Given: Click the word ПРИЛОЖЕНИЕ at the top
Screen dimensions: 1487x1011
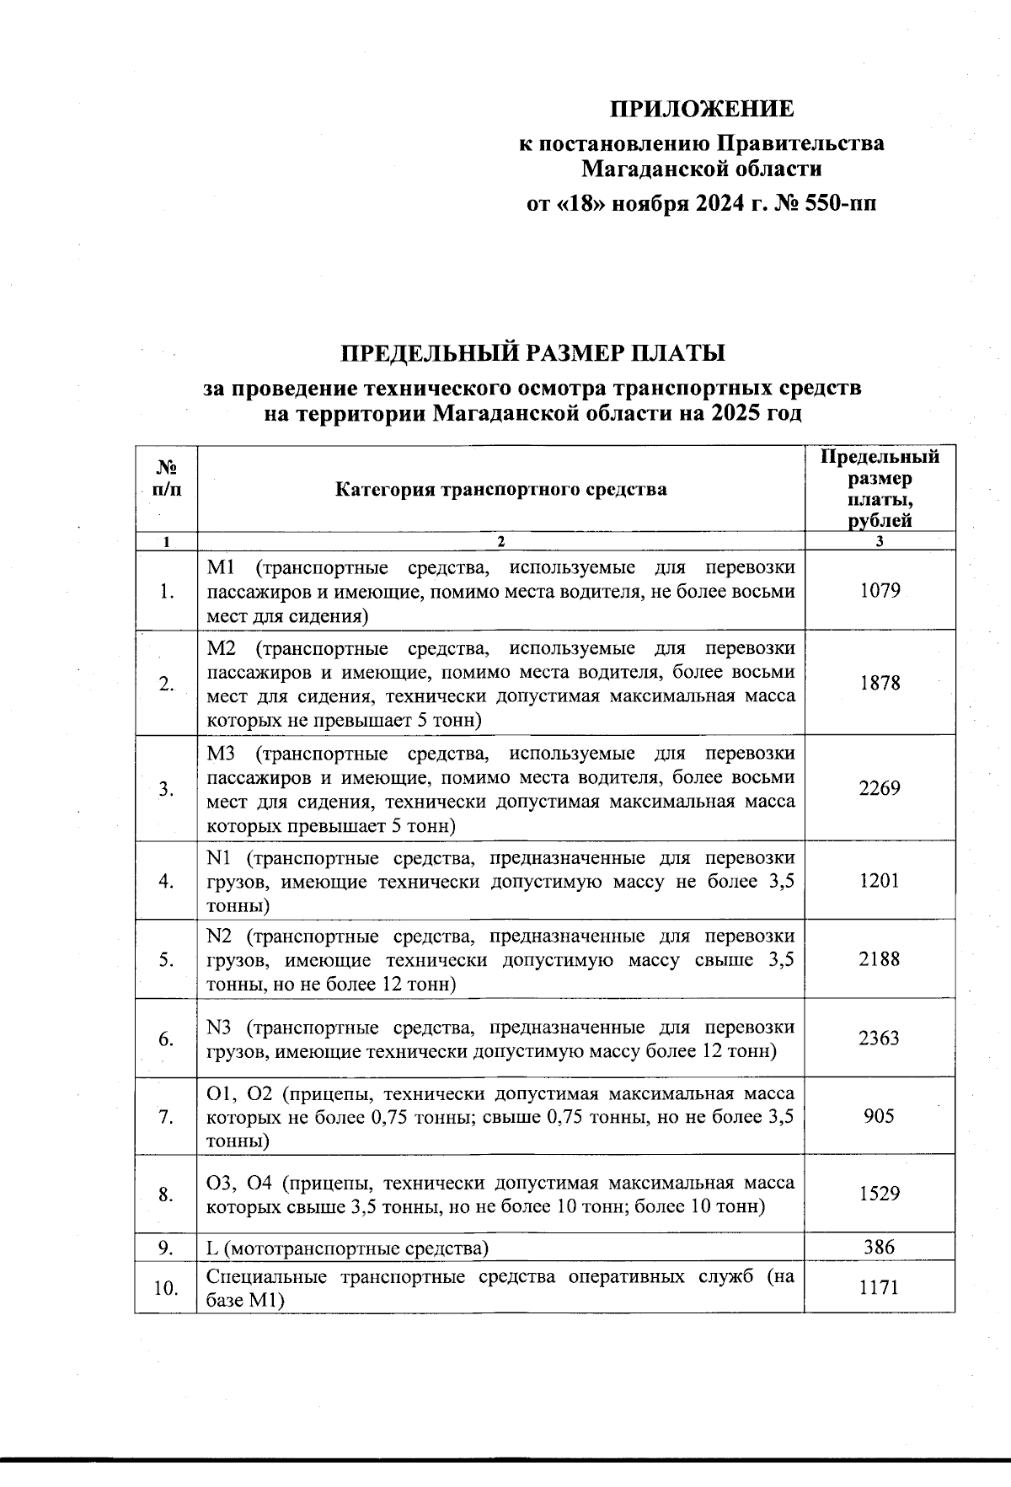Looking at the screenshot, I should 701,110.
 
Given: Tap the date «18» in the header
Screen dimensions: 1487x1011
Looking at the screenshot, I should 578,204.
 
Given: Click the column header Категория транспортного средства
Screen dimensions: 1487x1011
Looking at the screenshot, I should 501,489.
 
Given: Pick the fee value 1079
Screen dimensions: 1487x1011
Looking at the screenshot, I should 880,590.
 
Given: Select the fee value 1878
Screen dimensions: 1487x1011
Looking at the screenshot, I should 880,683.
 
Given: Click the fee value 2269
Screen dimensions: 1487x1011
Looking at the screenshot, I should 880,788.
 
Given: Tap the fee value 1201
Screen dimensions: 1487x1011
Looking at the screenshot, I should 880,880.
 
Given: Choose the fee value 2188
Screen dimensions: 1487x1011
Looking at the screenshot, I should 880,958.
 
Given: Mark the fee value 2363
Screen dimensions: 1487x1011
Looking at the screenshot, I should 880,1038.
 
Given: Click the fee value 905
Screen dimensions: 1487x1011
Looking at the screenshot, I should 880,1116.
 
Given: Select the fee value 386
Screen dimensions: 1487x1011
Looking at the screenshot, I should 880,1247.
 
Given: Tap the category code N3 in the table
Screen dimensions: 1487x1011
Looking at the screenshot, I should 219,1028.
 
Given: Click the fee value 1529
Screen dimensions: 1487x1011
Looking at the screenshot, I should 880,1194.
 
